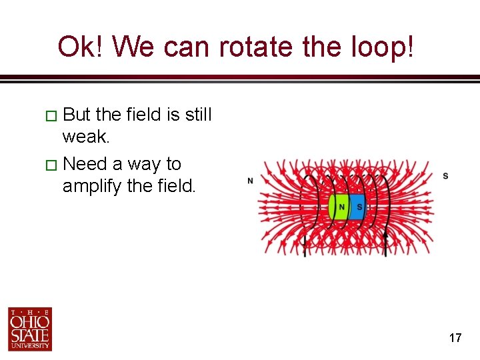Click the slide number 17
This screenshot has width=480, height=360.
[x=455, y=338]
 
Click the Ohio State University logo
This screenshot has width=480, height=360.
[x=30, y=329]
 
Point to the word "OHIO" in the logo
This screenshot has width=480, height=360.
[x=30, y=323]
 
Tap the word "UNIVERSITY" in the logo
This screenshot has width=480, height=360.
[x=30, y=346]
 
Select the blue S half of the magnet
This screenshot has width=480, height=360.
[x=359, y=207]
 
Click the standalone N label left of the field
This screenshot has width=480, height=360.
[x=250, y=181]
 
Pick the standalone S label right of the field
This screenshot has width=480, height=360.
[x=445, y=176]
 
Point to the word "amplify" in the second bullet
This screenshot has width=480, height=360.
[x=92, y=186]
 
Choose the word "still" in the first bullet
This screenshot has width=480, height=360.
[x=198, y=115]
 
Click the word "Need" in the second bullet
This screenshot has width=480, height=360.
[x=85, y=163]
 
